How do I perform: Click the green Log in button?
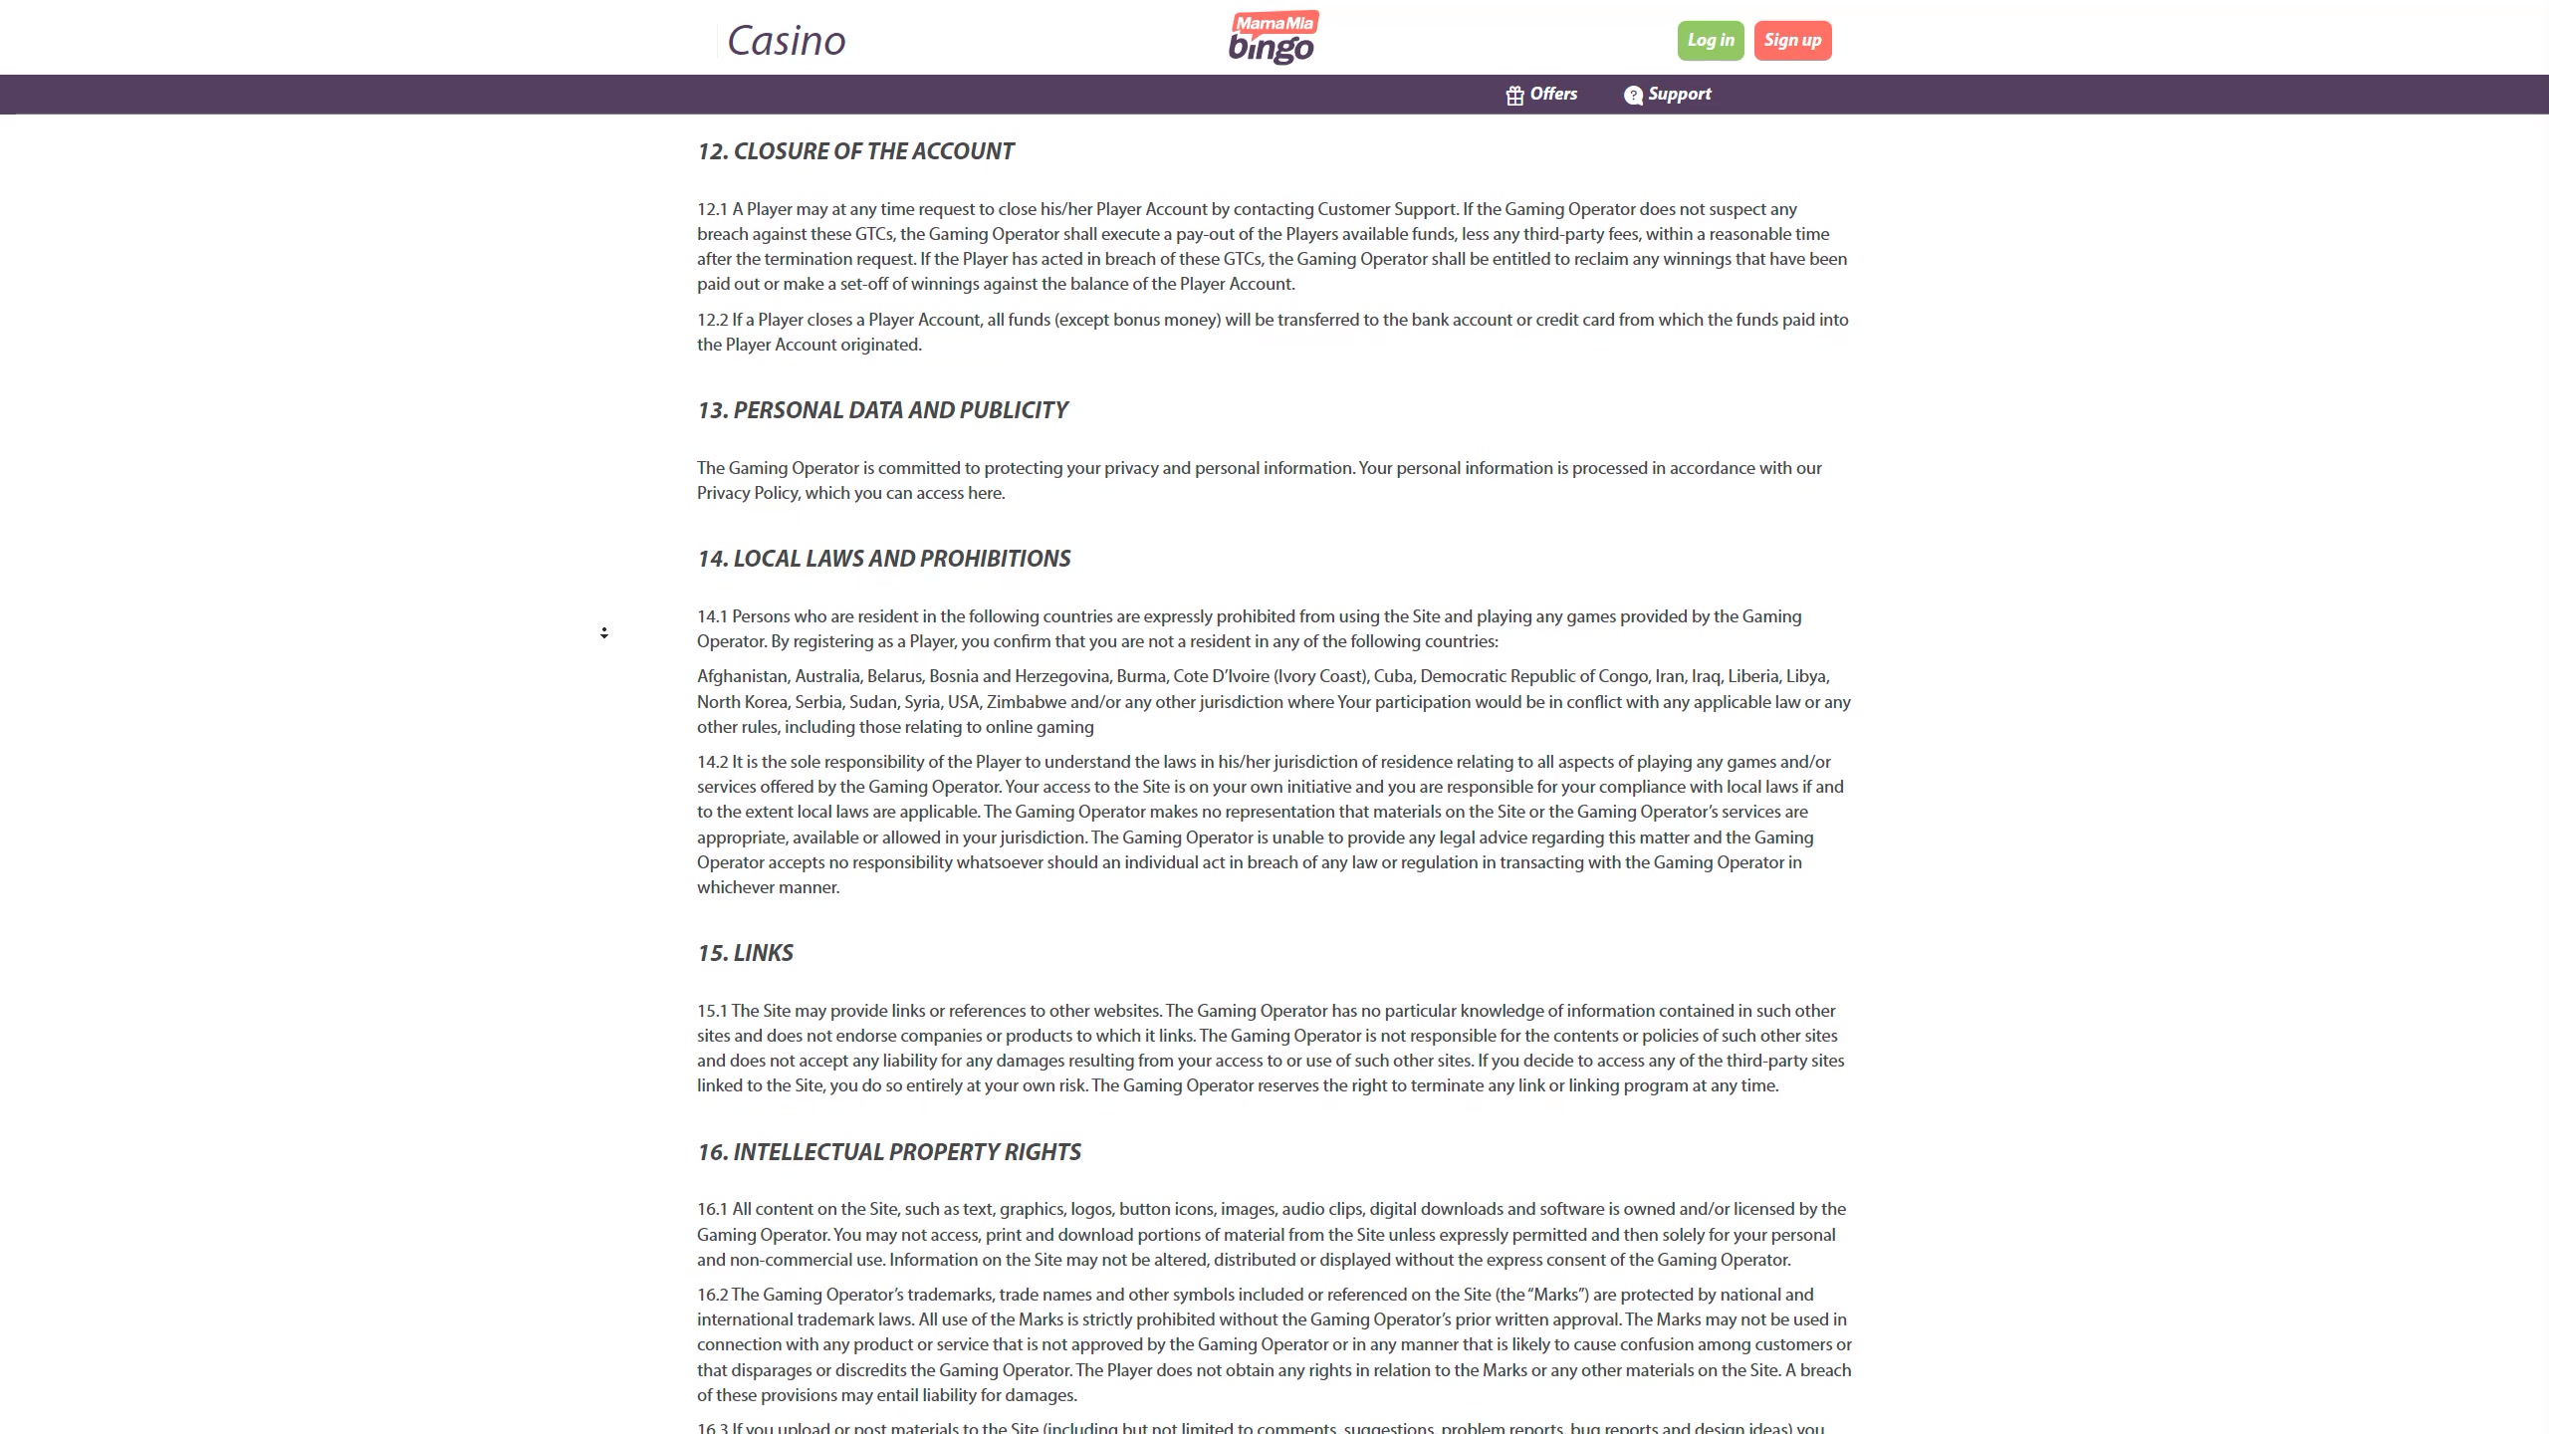pos(1710,41)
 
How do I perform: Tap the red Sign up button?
pos(1792,41)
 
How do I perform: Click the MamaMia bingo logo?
pos(1273,38)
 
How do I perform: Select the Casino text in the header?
pos(786,41)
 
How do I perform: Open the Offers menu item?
pos(1553,95)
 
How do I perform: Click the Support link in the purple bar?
pos(1679,95)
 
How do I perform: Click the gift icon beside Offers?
pos(1514,96)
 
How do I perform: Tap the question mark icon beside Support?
pos(1633,96)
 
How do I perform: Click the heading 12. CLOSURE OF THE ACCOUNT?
pos(855,151)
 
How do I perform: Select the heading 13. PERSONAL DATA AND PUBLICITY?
pos(882,410)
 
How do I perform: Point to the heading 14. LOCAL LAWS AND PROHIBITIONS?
pos(883,559)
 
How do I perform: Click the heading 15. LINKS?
pos(745,953)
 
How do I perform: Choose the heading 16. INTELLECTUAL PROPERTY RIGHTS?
pos(888,1152)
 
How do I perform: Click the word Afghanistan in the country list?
pos(742,677)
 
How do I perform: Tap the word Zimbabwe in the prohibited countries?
pos(1026,702)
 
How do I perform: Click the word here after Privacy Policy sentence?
pos(985,494)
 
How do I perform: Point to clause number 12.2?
pos(712,320)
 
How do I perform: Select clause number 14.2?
pos(712,762)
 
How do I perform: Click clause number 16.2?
pos(712,1295)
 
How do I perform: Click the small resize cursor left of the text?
pos(604,632)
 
